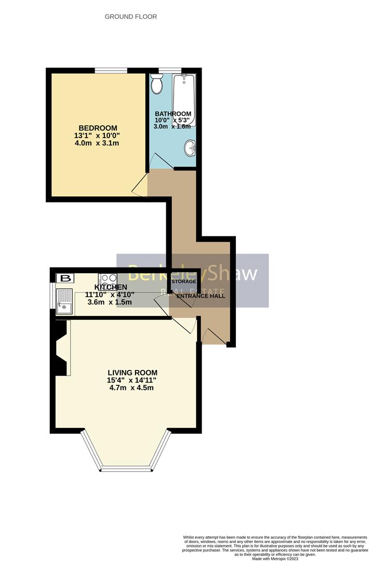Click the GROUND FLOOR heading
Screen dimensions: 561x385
[x=131, y=17]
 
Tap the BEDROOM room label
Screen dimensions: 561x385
[x=98, y=128]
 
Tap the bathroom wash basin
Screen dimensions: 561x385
[x=190, y=149]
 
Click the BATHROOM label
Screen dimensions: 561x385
[x=173, y=114]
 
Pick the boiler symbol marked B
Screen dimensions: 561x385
[x=65, y=278]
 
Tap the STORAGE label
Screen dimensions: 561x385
[x=184, y=282]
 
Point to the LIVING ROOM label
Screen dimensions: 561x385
[x=132, y=372]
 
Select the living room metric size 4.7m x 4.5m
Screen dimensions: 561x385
[x=132, y=388]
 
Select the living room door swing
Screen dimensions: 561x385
[x=184, y=325]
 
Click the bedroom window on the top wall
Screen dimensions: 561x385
[x=111, y=71]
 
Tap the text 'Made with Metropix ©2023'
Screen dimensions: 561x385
[x=275, y=558]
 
